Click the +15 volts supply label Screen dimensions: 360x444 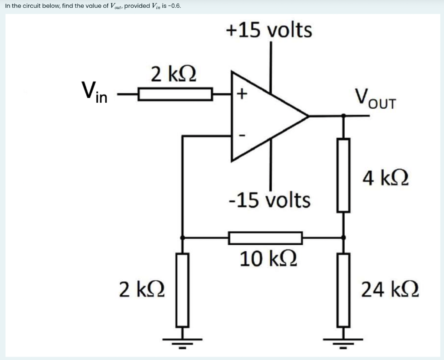pyautogui.click(x=269, y=30)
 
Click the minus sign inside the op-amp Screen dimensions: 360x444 pyautogui.click(x=243, y=136)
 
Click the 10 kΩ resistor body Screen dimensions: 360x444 pyautogui.click(x=265, y=238)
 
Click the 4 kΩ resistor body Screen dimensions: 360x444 pyautogui.click(x=343, y=175)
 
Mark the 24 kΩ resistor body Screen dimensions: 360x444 pyautogui.click(x=343, y=290)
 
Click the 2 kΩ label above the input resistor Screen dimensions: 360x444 pyautogui.click(x=173, y=74)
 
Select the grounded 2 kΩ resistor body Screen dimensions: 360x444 pyautogui.click(x=182, y=290)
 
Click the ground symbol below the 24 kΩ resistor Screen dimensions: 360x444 pyautogui.click(x=343, y=342)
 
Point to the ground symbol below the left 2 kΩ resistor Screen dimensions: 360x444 pyautogui.click(x=182, y=342)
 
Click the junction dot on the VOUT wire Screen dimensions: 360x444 pyautogui.click(x=343, y=116)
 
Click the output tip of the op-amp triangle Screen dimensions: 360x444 pyautogui.click(x=307, y=116)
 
